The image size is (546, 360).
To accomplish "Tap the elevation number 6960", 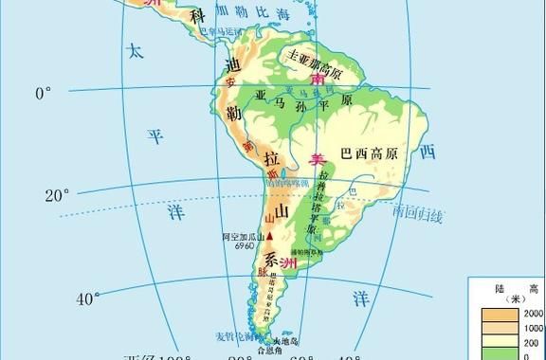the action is click(245, 244).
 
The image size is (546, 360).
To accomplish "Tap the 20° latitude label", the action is click(56, 196).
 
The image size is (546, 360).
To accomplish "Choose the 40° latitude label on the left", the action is click(88, 299).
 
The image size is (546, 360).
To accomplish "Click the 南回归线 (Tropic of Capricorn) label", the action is click(418, 215).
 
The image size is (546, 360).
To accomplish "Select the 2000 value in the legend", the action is click(533, 314).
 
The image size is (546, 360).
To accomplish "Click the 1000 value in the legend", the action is click(533, 327).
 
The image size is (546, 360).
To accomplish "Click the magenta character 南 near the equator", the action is click(318, 83).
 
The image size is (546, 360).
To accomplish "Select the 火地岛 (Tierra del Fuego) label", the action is click(285, 340).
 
